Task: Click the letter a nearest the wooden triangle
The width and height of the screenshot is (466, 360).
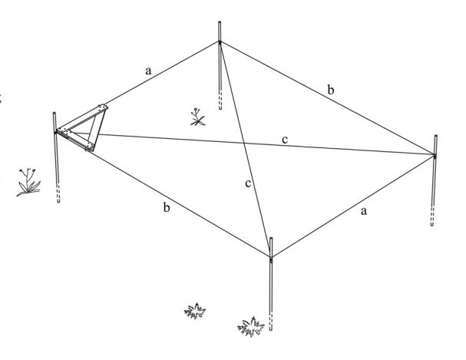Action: pos(149,71)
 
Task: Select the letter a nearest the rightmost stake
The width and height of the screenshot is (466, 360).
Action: pos(364,211)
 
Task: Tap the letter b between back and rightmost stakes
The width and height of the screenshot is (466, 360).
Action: pos(331,89)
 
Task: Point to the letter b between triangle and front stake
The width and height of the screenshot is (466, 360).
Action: pos(167,207)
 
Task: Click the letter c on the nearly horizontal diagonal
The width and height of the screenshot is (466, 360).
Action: pos(285,140)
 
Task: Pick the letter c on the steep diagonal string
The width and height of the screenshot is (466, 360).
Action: pos(248,183)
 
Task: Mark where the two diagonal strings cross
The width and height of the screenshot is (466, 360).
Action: pos(244,144)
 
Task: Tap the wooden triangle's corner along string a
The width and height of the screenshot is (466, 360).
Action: pos(103,107)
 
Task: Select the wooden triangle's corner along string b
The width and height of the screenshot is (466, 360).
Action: pos(90,147)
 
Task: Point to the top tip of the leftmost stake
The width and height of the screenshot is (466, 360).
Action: pos(54,113)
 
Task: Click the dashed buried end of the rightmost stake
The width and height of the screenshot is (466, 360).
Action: pos(432,216)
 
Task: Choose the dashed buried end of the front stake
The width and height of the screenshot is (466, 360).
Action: pos(270,322)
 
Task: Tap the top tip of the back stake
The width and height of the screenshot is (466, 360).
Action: pos(220,22)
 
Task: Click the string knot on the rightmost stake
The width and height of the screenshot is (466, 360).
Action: pos(435,155)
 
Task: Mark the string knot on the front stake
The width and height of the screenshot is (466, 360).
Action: pos(271,258)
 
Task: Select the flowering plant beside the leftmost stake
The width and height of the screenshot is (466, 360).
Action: pos(28,183)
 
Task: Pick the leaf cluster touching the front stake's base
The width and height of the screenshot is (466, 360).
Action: pos(251,327)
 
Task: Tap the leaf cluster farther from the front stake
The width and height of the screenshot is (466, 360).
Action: pos(195,311)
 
